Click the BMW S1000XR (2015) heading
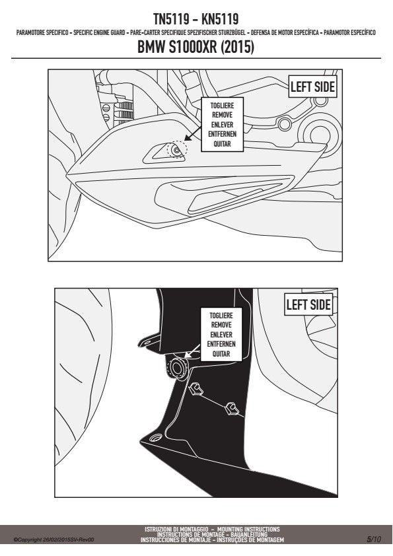(x=196, y=47)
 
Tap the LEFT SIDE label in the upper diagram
(x=312, y=87)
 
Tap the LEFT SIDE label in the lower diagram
(x=308, y=304)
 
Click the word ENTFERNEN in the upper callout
(x=223, y=134)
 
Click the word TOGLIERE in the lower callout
(x=221, y=315)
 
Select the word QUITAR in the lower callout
(x=221, y=353)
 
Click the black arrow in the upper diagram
(x=193, y=133)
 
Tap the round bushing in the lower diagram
(x=177, y=368)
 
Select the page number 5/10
(x=374, y=539)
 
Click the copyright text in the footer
(x=54, y=540)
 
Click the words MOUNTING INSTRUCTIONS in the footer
(x=248, y=529)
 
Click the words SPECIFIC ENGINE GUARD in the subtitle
(x=99, y=32)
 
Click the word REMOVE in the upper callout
(x=223, y=115)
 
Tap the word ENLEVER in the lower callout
(x=221, y=334)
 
